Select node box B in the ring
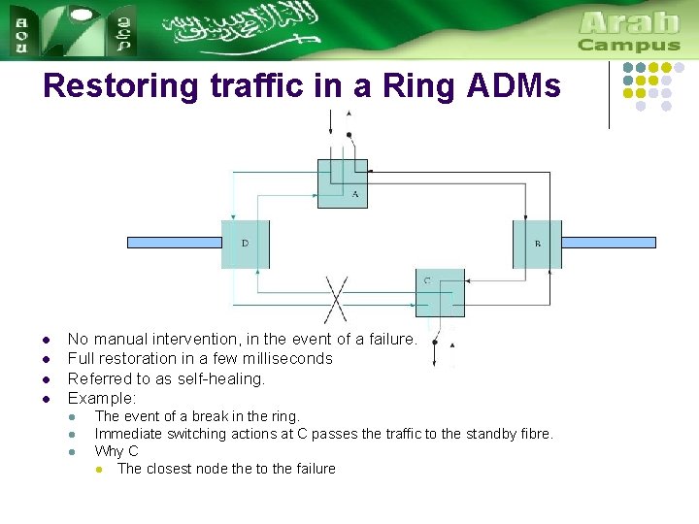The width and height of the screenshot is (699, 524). (x=537, y=244)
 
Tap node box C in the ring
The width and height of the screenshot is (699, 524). (x=440, y=292)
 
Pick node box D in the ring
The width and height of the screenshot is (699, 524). (x=245, y=244)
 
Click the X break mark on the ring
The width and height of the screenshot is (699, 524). (x=336, y=298)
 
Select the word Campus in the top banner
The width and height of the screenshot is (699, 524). (x=629, y=45)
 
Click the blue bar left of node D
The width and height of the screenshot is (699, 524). (x=175, y=243)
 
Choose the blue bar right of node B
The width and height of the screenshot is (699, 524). (x=609, y=243)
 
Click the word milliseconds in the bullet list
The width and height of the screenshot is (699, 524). (x=288, y=359)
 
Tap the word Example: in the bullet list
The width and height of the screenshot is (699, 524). (x=102, y=398)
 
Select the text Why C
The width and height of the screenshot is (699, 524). (x=116, y=451)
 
